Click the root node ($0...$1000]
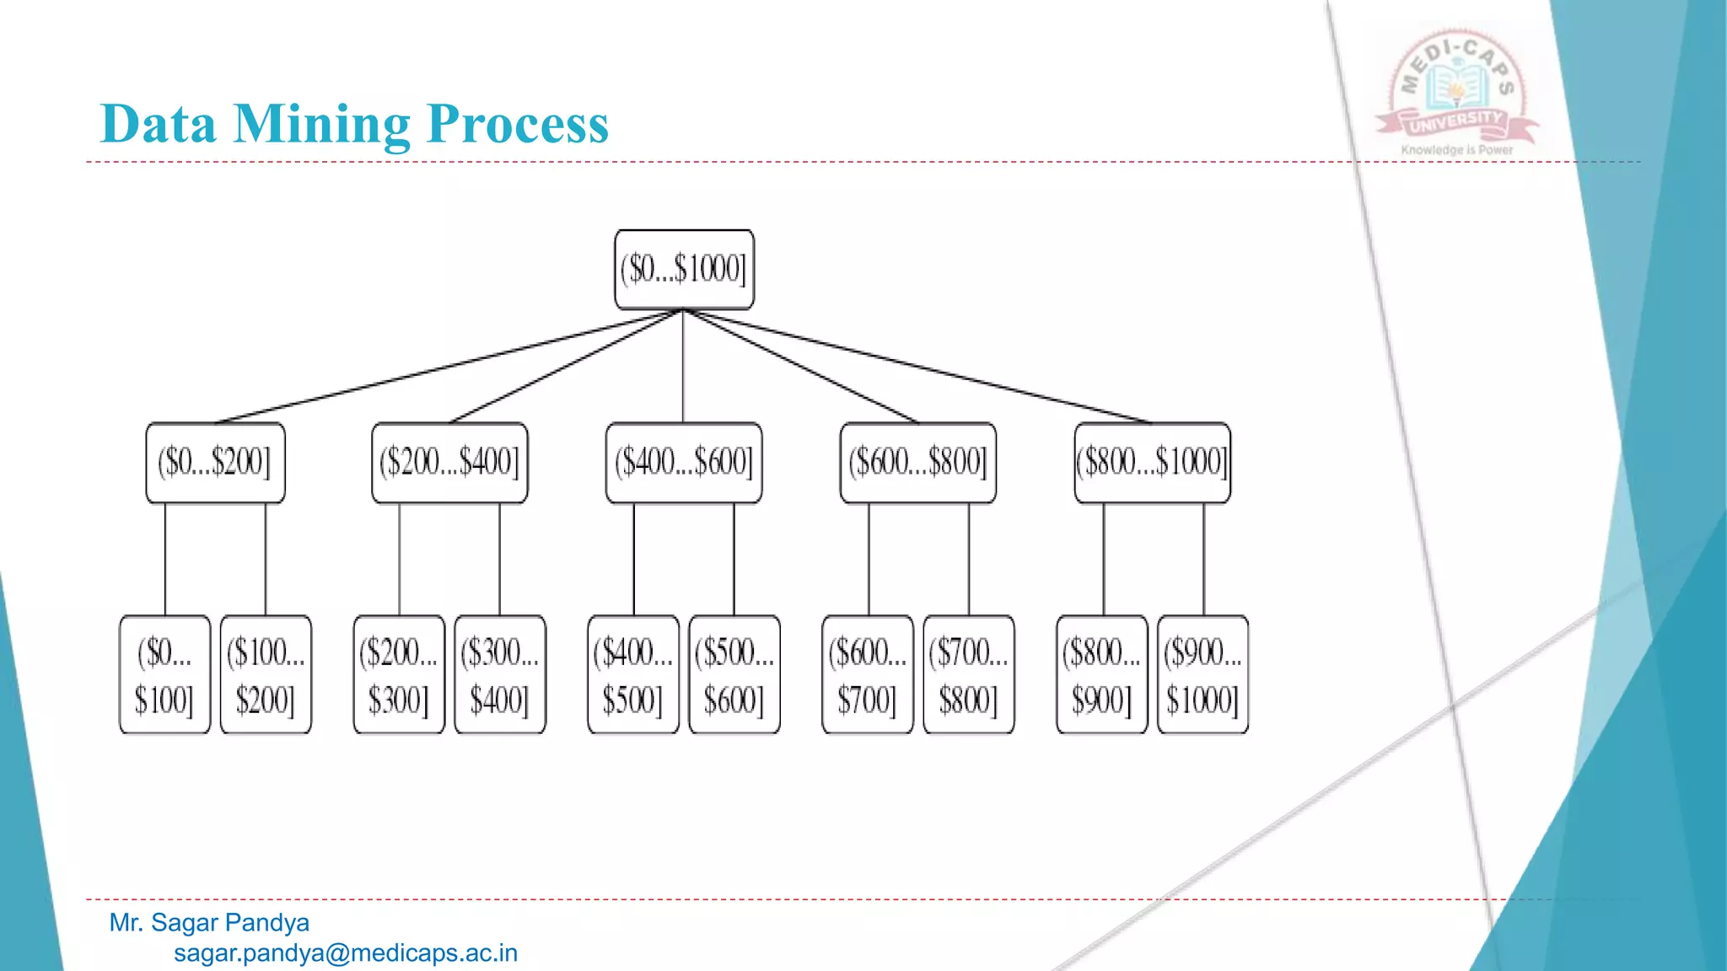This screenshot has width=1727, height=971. coord(684,270)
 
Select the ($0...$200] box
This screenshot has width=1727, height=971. coord(215,463)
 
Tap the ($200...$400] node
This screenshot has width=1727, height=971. coord(449,463)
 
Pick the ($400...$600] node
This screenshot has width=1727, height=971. coord(684,463)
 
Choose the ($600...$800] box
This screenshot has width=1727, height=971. coord(917,463)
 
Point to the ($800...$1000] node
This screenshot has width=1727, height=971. coord(1152,463)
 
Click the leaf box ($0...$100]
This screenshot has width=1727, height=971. coord(164,674)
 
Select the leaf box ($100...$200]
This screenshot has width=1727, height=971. coord(266,674)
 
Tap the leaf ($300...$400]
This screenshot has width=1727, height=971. coord(500,674)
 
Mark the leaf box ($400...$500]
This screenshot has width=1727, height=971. coord(633,674)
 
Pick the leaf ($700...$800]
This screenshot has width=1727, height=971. coord(969,674)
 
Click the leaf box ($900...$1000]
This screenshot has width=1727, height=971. coord(1202,674)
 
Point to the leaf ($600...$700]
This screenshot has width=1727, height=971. coord(868,674)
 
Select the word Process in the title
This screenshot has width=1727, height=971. coord(518,124)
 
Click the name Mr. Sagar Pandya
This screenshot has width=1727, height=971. coord(209,923)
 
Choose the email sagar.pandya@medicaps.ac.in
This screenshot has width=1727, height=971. coord(346,953)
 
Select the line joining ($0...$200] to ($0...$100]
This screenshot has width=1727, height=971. coord(165,560)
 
